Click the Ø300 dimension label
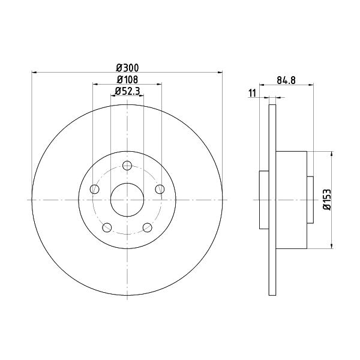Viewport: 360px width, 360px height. point(127,68)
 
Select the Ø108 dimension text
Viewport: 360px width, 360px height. point(127,80)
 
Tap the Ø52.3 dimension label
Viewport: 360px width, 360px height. point(127,91)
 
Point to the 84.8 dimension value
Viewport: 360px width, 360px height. point(286,80)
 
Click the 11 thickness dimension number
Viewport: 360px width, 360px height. point(252,94)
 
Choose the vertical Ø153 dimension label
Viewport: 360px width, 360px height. point(327,200)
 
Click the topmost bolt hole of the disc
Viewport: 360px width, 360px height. point(127,166)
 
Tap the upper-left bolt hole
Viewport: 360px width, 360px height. point(95,189)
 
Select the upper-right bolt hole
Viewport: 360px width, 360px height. point(160,189)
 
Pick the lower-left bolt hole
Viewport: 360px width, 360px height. point(107,227)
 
